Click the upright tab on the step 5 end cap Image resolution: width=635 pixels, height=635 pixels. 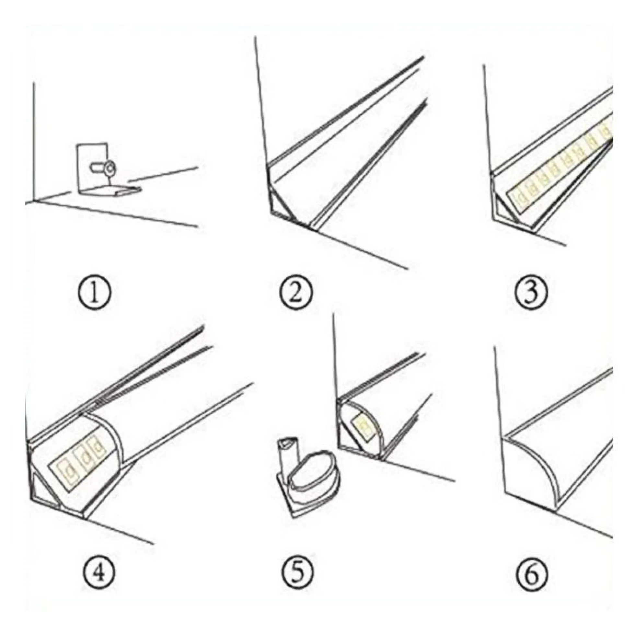click(287, 454)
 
